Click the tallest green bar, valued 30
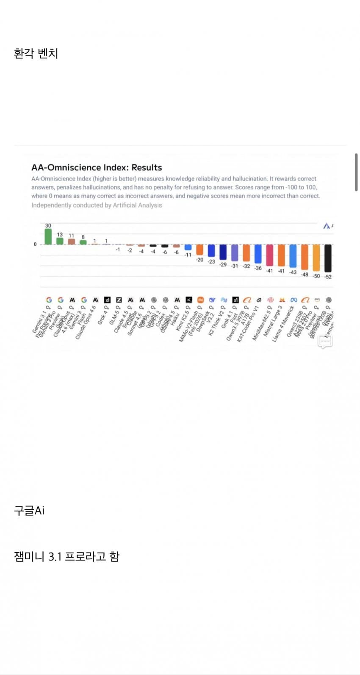[48, 237]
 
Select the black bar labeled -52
[328, 258]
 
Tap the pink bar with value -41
[269, 255]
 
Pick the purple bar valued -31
[235, 253]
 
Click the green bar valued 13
[60, 241]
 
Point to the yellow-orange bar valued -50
[316, 258]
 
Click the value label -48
[305, 275]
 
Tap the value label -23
[211, 262]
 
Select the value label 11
[71, 236]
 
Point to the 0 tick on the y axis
[35, 244]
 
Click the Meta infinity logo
[294, 300]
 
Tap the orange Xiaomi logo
[200, 300]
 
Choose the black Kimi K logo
[189, 300]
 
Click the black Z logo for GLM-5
[119, 300]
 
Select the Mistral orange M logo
[282, 300]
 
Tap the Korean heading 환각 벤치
[36, 54]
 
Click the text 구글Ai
[29, 511]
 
